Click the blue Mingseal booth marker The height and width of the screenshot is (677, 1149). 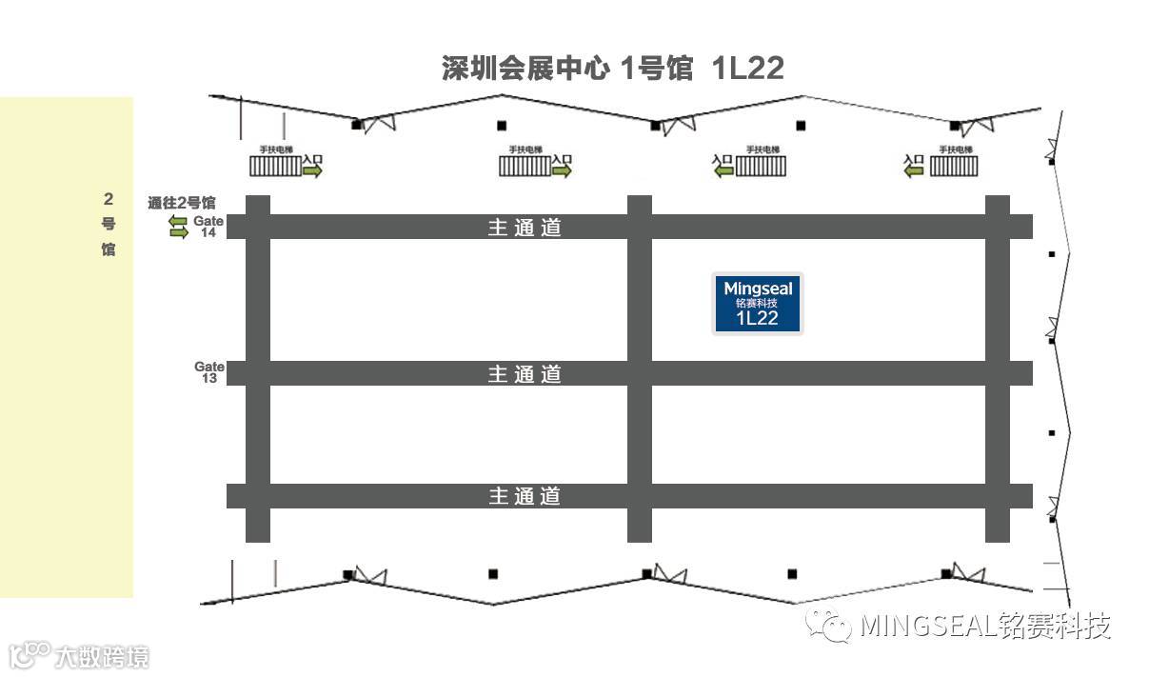(758, 304)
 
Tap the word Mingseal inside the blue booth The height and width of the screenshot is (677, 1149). (758, 288)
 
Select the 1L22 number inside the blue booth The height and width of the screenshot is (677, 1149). (758, 319)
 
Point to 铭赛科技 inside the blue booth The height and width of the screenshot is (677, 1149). (758, 303)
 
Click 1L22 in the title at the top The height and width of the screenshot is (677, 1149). (747, 69)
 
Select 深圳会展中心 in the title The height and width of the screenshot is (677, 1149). (525, 69)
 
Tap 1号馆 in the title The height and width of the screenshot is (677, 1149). (656, 69)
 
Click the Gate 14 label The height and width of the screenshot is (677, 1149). (208, 227)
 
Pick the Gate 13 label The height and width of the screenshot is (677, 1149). (209, 372)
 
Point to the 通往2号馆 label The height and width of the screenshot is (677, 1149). (182, 203)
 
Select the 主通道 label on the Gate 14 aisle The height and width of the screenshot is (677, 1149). (525, 228)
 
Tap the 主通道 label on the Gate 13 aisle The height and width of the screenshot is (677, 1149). (525, 374)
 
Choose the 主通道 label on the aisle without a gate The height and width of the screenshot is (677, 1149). (525, 496)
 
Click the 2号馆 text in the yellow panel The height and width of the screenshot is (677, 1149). (109, 225)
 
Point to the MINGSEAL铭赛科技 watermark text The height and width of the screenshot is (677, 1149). (985, 626)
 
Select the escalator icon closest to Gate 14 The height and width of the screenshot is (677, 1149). (274, 167)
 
